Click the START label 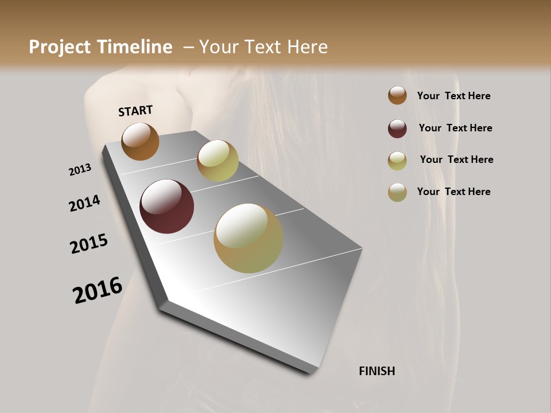click(x=135, y=111)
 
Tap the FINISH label click(x=377, y=371)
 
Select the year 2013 click(x=80, y=170)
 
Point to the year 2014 click(x=84, y=204)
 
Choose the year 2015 click(x=89, y=244)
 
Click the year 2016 click(x=98, y=290)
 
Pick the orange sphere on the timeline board click(x=140, y=142)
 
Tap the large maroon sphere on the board click(x=166, y=206)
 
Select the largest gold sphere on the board click(x=249, y=238)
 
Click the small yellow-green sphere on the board click(x=218, y=161)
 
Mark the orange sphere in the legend click(x=397, y=96)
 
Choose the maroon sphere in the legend click(x=397, y=128)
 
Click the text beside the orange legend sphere click(x=453, y=96)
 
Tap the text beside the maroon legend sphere click(x=455, y=128)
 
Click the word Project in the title click(x=60, y=47)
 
